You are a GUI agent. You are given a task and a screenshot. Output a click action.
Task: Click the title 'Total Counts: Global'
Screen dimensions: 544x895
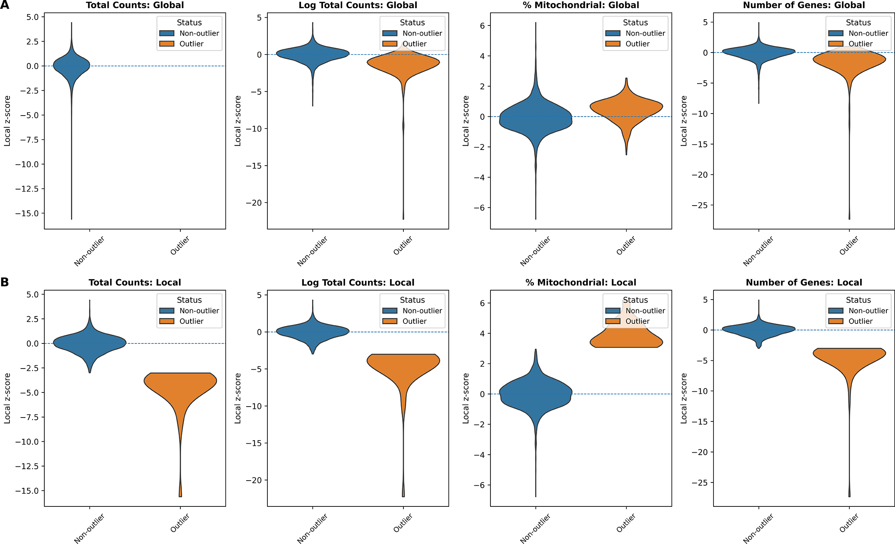(x=135, y=5)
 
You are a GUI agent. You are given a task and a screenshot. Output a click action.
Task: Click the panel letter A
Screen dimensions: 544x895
(x=5, y=5)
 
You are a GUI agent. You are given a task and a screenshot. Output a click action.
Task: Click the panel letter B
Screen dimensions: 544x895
(x=5, y=282)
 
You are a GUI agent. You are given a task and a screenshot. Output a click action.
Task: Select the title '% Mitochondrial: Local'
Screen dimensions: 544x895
(x=581, y=283)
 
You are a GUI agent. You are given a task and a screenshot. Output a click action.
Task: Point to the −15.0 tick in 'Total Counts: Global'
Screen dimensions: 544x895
(x=29, y=213)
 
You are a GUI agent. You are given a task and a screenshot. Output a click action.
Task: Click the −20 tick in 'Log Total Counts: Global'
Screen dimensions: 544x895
(x=254, y=203)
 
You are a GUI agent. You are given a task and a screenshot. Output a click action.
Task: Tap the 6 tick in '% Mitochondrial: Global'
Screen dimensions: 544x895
(x=482, y=26)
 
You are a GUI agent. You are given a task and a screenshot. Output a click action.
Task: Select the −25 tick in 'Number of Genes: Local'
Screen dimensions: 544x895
(x=700, y=483)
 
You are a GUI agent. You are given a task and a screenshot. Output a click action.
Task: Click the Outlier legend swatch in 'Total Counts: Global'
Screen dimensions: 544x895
(x=167, y=44)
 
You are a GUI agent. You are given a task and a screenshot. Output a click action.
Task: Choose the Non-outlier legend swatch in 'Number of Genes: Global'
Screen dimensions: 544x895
(x=836, y=33)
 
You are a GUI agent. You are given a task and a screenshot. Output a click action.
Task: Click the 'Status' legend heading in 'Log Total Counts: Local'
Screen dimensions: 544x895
(x=412, y=300)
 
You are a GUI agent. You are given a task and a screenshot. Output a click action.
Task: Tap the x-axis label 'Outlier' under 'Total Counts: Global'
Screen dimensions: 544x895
(x=180, y=246)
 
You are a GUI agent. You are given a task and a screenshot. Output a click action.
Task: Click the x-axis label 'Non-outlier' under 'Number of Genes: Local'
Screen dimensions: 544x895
(x=758, y=528)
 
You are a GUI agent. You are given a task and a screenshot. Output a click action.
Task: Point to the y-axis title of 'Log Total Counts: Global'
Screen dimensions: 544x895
(x=238, y=121)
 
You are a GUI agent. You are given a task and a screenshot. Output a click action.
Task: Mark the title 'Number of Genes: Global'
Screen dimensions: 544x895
(x=804, y=5)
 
